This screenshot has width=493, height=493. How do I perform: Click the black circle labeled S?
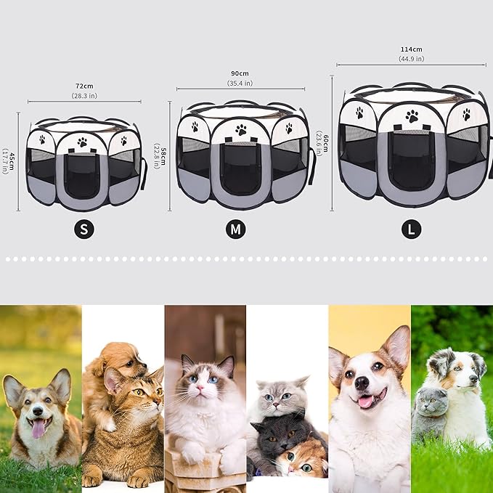click(x=83, y=229)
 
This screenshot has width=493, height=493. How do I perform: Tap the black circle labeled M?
click(x=235, y=229)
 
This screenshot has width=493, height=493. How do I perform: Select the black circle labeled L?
click(x=411, y=229)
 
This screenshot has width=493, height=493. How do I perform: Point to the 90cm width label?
click(x=240, y=73)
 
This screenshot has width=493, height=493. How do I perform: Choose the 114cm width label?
click(x=411, y=49)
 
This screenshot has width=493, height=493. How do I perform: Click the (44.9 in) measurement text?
click(x=411, y=59)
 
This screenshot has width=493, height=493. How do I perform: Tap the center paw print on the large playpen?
click(x=412, y=115)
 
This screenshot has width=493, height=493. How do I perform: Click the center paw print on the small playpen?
click(x=82, y=142)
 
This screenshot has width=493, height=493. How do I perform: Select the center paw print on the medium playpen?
click(x=241, y=129)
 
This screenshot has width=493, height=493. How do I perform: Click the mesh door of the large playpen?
click(x=411, y=160)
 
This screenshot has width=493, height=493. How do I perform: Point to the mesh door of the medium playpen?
click(x=240, y=168)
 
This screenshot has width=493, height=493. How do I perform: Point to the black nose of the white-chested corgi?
click(x=361, y=383)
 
